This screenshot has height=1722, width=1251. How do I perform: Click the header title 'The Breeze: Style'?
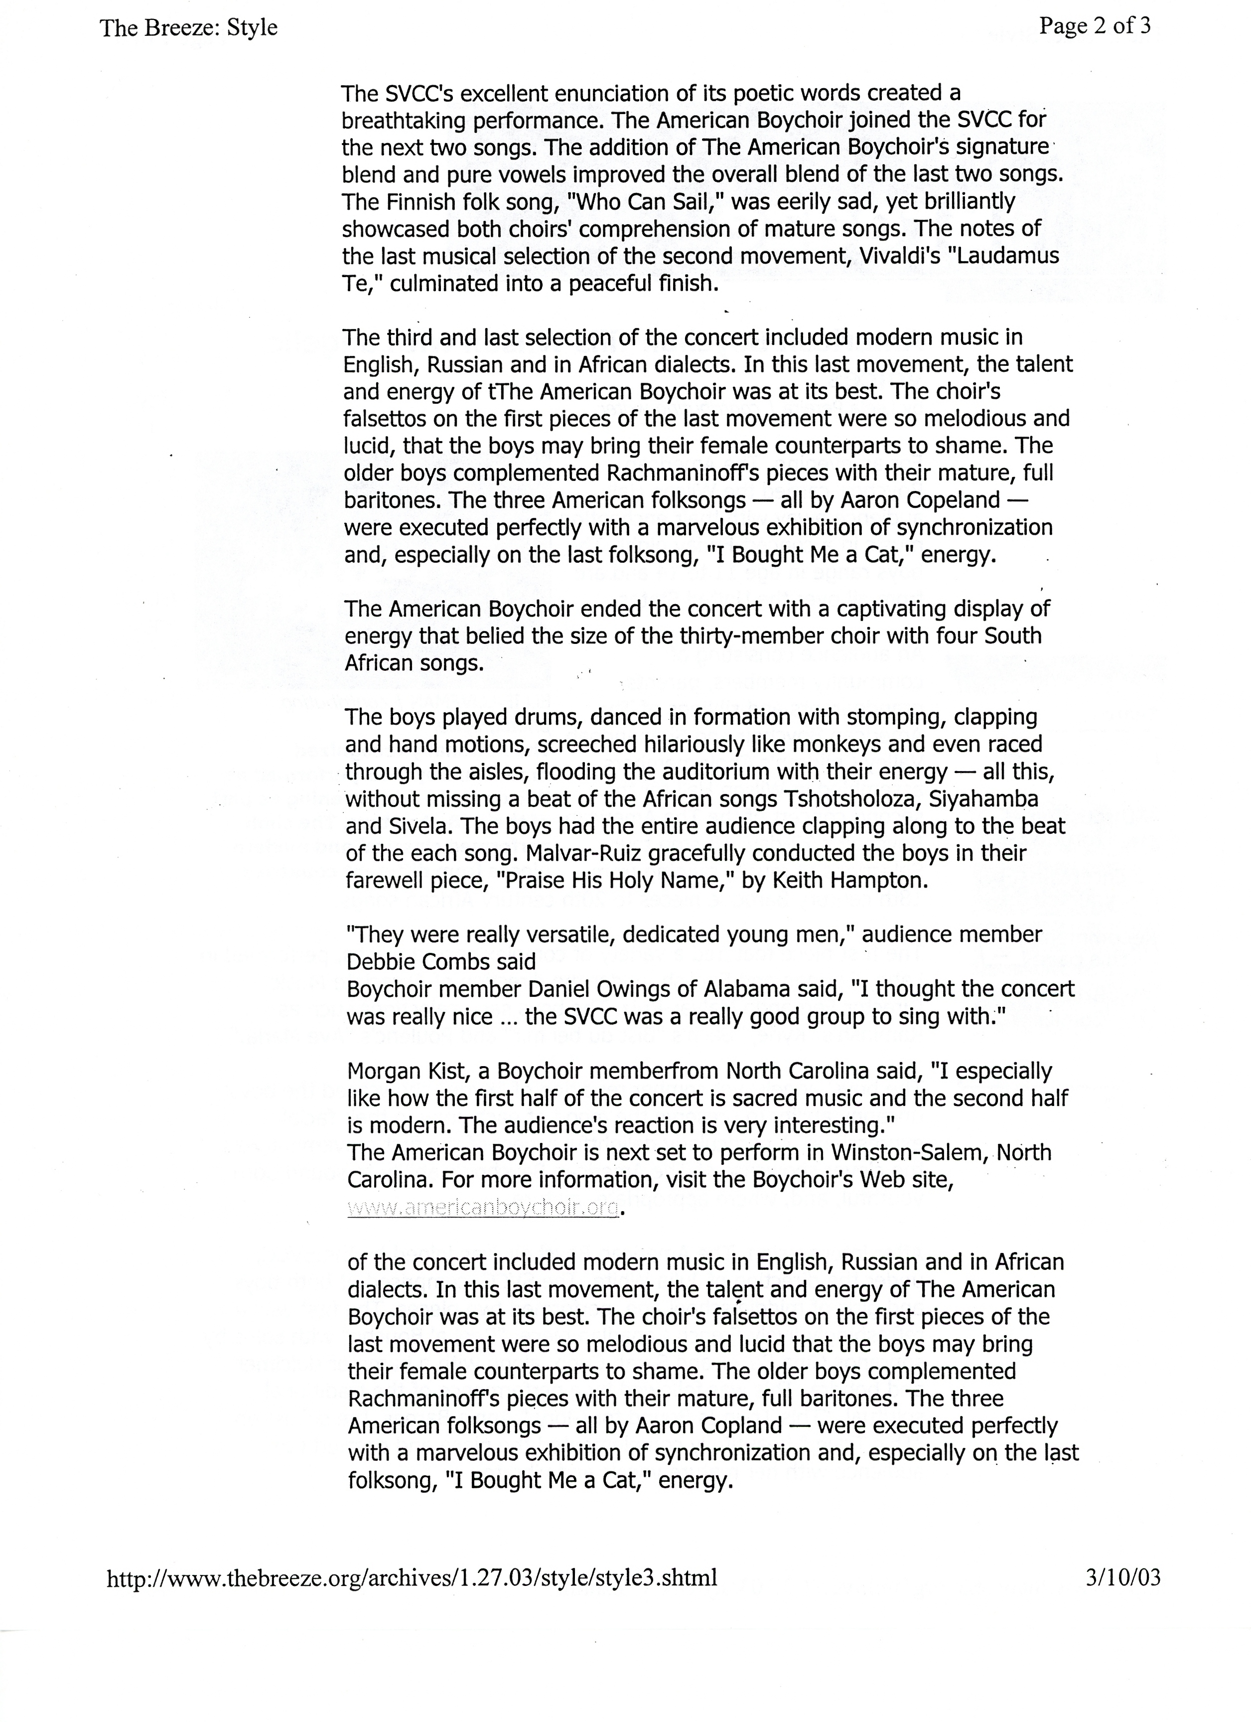click(188, 28)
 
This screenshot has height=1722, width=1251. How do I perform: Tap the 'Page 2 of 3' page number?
click(1094, 26)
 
